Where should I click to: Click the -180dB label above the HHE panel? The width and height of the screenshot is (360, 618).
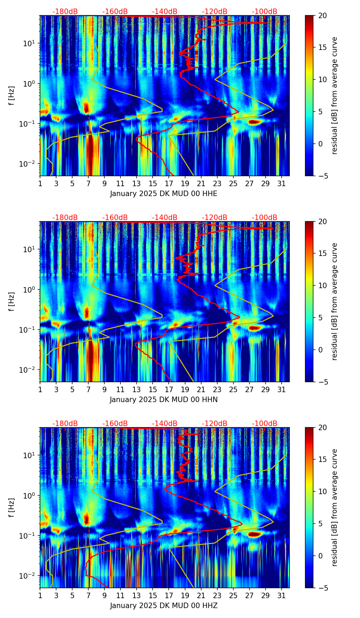[x=65, y=12]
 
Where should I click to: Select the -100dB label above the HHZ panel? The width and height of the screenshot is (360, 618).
[x=265, y=424]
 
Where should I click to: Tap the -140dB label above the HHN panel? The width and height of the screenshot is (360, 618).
[x=165, y=218]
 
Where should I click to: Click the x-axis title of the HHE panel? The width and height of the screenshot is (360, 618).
[x=164, y=194]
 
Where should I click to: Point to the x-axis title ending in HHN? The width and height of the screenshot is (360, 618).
[x=164, y=400]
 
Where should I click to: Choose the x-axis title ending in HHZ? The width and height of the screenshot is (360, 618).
[x=164, y=606]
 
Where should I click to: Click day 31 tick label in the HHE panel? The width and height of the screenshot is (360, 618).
[x=282, y=183]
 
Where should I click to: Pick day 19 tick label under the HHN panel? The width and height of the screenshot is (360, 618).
[x=185, y=389]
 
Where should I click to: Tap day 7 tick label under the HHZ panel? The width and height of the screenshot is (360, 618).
[x=88, y=595]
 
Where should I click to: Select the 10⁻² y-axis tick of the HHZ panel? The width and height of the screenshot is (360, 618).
[x=30, y=576]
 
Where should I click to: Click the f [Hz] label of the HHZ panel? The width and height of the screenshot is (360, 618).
[x=12, y=507]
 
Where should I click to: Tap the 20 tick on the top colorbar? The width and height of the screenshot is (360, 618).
[x=322, y=16]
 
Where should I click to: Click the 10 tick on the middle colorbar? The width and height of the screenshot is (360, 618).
[x=322, y=285]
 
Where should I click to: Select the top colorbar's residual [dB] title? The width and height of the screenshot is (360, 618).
[x=335, y=95]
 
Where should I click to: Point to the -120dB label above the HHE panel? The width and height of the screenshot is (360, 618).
[x=215, y=12]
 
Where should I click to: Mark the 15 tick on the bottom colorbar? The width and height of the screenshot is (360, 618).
[x=322, y=460]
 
